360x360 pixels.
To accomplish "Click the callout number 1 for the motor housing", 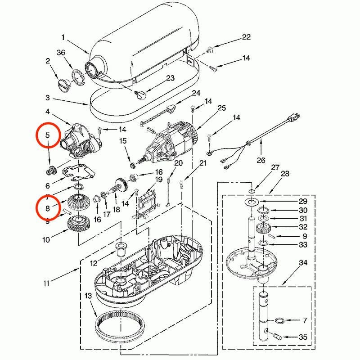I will tap(63, 37).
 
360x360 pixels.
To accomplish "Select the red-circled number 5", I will tap(47, 135).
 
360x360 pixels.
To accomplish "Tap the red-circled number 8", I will tap(47, 207).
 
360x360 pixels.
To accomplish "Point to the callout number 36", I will tap(61, 53).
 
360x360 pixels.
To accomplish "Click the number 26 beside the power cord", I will tap(261, 160).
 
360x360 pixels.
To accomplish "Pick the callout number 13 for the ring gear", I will tap(87, 296).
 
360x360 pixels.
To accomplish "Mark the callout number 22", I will tap(246, 37).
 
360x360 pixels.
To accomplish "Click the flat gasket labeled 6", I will tap(79, 172).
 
